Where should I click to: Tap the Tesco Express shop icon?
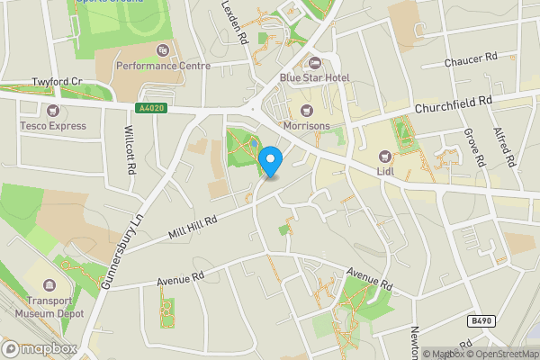[x=53, y=111]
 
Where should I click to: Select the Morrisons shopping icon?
[x=304, y=111]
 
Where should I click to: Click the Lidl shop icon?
[x=386, y=156]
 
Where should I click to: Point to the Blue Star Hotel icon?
[x=315, y=63]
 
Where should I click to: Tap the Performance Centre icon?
[x=162, y=50]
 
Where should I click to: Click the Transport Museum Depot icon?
[x=49, y=286]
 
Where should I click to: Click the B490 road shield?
[x=482, y=321]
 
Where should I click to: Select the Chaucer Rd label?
[x=471, y=62]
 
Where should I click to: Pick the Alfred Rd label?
[x=504, y=148]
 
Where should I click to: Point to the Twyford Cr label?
[x=57, y=81]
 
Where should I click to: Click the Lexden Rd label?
[x=236, y=23]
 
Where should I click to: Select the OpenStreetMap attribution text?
[x=501, y=354]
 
